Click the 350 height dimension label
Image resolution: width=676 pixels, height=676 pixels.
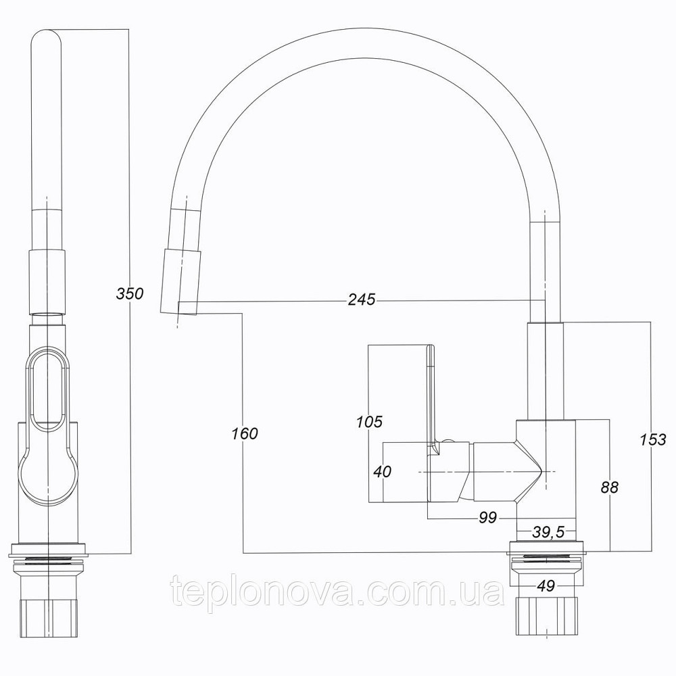130,293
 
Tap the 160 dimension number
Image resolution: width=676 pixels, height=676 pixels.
244,433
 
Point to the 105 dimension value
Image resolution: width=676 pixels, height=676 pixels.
369,422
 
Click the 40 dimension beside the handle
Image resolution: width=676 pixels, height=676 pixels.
383,471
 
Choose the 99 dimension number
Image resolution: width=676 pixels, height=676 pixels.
487,518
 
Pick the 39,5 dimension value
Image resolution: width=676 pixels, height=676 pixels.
548,533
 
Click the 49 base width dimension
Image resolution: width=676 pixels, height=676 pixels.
546,586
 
